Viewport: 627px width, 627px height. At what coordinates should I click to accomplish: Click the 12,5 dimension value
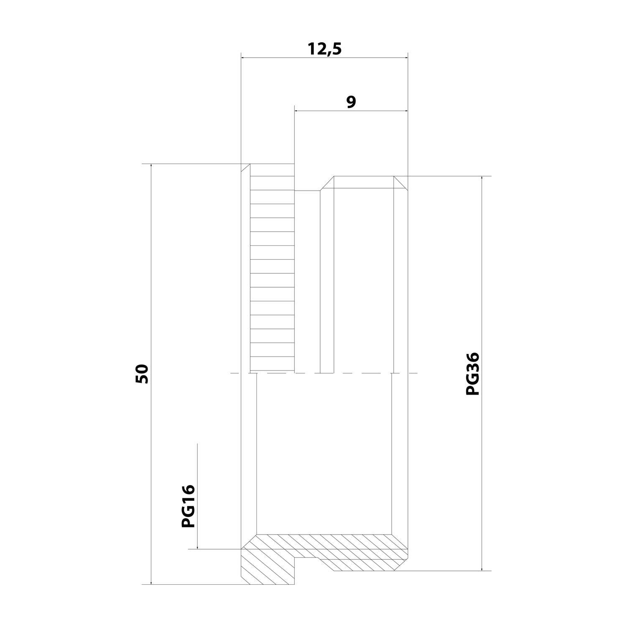coord(325,49)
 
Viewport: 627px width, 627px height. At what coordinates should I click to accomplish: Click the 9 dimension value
coord(351,102)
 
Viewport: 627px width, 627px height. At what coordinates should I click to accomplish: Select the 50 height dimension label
coord(142,374)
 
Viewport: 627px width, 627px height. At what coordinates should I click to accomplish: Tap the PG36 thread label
coord(473,374)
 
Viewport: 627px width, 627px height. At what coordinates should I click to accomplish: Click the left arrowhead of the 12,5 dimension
coord(245,58)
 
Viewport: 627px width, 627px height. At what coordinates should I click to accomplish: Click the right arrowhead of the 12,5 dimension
coord(404,58)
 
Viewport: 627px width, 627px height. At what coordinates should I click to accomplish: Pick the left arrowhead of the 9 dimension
coord(298,111)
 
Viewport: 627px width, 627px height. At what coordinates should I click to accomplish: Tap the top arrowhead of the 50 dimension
coord(151,168)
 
